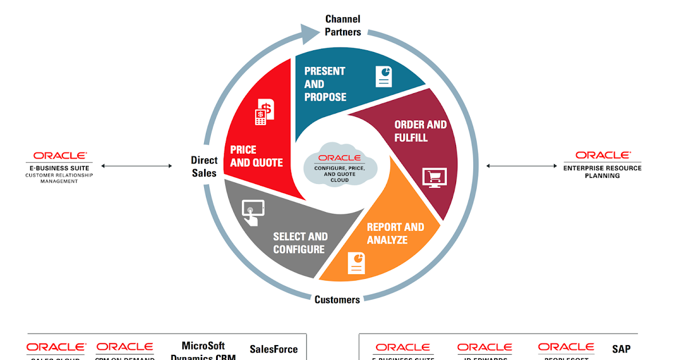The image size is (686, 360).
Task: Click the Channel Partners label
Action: (343, 26)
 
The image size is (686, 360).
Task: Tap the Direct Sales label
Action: (204, 166)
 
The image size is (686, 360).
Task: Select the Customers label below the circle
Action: (337, 299)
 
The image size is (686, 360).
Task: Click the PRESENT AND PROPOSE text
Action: (325, 84)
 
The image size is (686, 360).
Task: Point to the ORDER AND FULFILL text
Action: (420, 131)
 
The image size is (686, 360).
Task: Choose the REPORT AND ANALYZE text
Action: (396, 233)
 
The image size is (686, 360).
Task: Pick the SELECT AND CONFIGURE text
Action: (300, 243)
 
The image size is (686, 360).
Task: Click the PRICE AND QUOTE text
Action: (256, 156)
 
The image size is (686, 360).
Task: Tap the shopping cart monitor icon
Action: (434, 178)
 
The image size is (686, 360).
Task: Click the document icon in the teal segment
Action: (384, 76)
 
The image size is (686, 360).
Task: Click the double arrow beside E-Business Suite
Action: (137, 166)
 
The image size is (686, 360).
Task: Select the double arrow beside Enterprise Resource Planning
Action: (522, 166)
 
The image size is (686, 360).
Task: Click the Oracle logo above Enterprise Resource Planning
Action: (603, 155)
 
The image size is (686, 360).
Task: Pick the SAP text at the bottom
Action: (621, 349)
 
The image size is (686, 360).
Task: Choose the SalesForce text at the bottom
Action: (274, 349)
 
